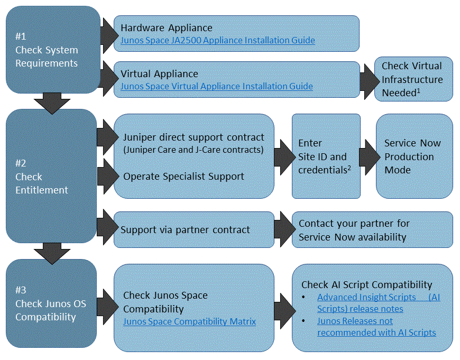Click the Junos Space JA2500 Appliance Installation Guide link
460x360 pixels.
pyautogui.click(x=217, y=41)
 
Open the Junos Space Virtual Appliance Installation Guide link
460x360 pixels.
pyautogui.click(x=216, y=87)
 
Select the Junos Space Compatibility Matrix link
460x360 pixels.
pyautogui.click(x=189, y=321)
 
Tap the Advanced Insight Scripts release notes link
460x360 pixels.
pyautogui.click(x=378, y=303)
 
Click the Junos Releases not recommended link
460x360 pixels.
pyautogui.click(x=376, y=327)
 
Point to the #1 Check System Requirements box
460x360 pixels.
pyautogui.click(x=52, y=50)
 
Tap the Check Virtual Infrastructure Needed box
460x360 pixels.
pyautogui.click(x=413, y=79)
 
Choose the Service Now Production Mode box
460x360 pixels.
pyautogui.click(x=414, y=156)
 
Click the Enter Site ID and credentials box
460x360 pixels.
pyautogui.click(x=326, y=156)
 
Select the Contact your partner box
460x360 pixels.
pyautogui.click(x=372, y=230)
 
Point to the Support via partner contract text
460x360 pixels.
pyautogui.click(x=185, y=230)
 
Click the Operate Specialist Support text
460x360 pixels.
pyautogui.click(x=183, y=176)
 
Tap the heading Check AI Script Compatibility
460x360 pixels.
pyautogui.click(x=366, y=285)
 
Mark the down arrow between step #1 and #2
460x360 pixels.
pyautogui.click(x=51, y=102)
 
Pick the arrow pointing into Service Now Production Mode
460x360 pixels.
pyautogui.click(x=369, y=156)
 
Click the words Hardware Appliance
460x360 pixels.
pyautogui.click(x=166, y=28)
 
